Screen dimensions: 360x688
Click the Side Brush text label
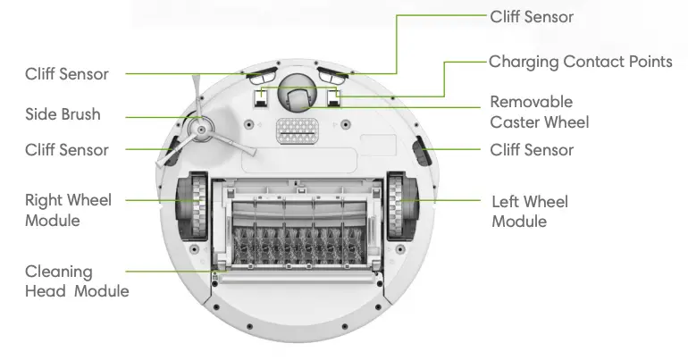[x=63, y=115]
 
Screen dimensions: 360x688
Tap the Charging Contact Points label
[x=580, y=62]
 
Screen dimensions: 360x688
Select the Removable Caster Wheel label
[x=539, y=112]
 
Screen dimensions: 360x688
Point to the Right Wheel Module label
[x=68, y=210]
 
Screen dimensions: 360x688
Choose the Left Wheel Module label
[x=529, y=211]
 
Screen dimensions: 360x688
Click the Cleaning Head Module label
[x=76, y=281]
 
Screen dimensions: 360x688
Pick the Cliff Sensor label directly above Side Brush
[x=67, y=74]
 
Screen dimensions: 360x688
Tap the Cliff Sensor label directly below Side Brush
[x=67, y=149]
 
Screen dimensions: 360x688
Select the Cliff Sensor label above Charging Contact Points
[x=532, y=17]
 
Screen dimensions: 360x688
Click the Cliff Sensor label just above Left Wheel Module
[x=532, y=149]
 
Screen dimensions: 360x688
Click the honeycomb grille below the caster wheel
[x=298, y=132]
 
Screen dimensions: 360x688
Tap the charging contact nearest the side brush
[x=260, y=96]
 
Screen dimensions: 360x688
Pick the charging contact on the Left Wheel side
[x=335, y=96]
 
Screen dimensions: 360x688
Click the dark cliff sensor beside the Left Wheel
[x=421, y=153]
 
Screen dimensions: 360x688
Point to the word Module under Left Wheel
[x=519, y=221]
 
